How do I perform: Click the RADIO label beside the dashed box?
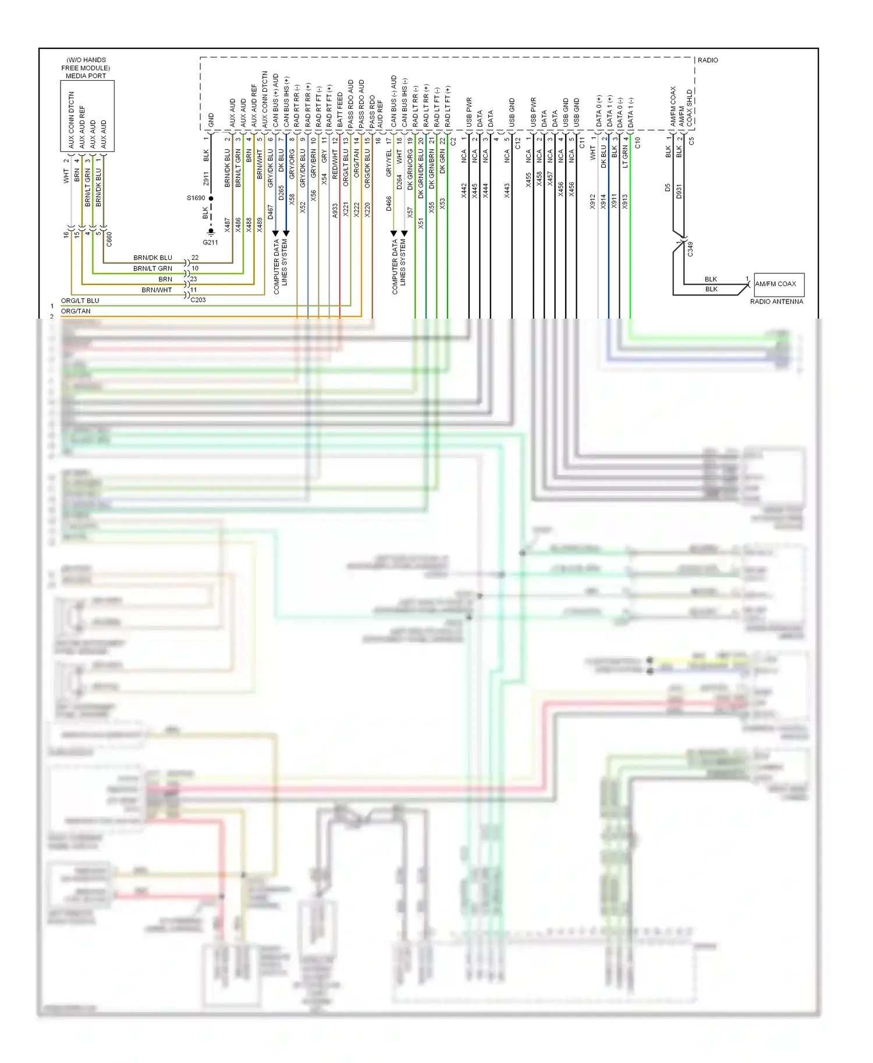(x=708, y=60)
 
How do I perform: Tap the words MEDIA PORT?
(x=86, y=76)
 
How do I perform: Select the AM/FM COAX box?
(x=779, y=284)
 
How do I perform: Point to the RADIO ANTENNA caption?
(x=776, y=302)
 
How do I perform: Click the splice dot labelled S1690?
(x=211, y=198)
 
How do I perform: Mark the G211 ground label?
(x=210, y=242)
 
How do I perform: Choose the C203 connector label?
(x=198, y=300)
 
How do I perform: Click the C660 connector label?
(x=109, y=239)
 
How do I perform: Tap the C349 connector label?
(x=690, y=249)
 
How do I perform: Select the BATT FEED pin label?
(x=340, y=110)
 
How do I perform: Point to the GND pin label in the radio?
(x=211, y=120)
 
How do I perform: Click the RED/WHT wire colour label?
(x=335, y=163)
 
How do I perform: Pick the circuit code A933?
(x=335, y=210)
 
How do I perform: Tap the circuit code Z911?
(x=206, y=179)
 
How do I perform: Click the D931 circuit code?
(x=679, y=191)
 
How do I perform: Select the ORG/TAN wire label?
(x=76, y=311)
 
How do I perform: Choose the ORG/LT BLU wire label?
(x=80, y=301)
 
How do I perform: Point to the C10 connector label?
(x=637, y=142)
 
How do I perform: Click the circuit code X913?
(x=624, y=201)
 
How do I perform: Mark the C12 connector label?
(x=518, y=142)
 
